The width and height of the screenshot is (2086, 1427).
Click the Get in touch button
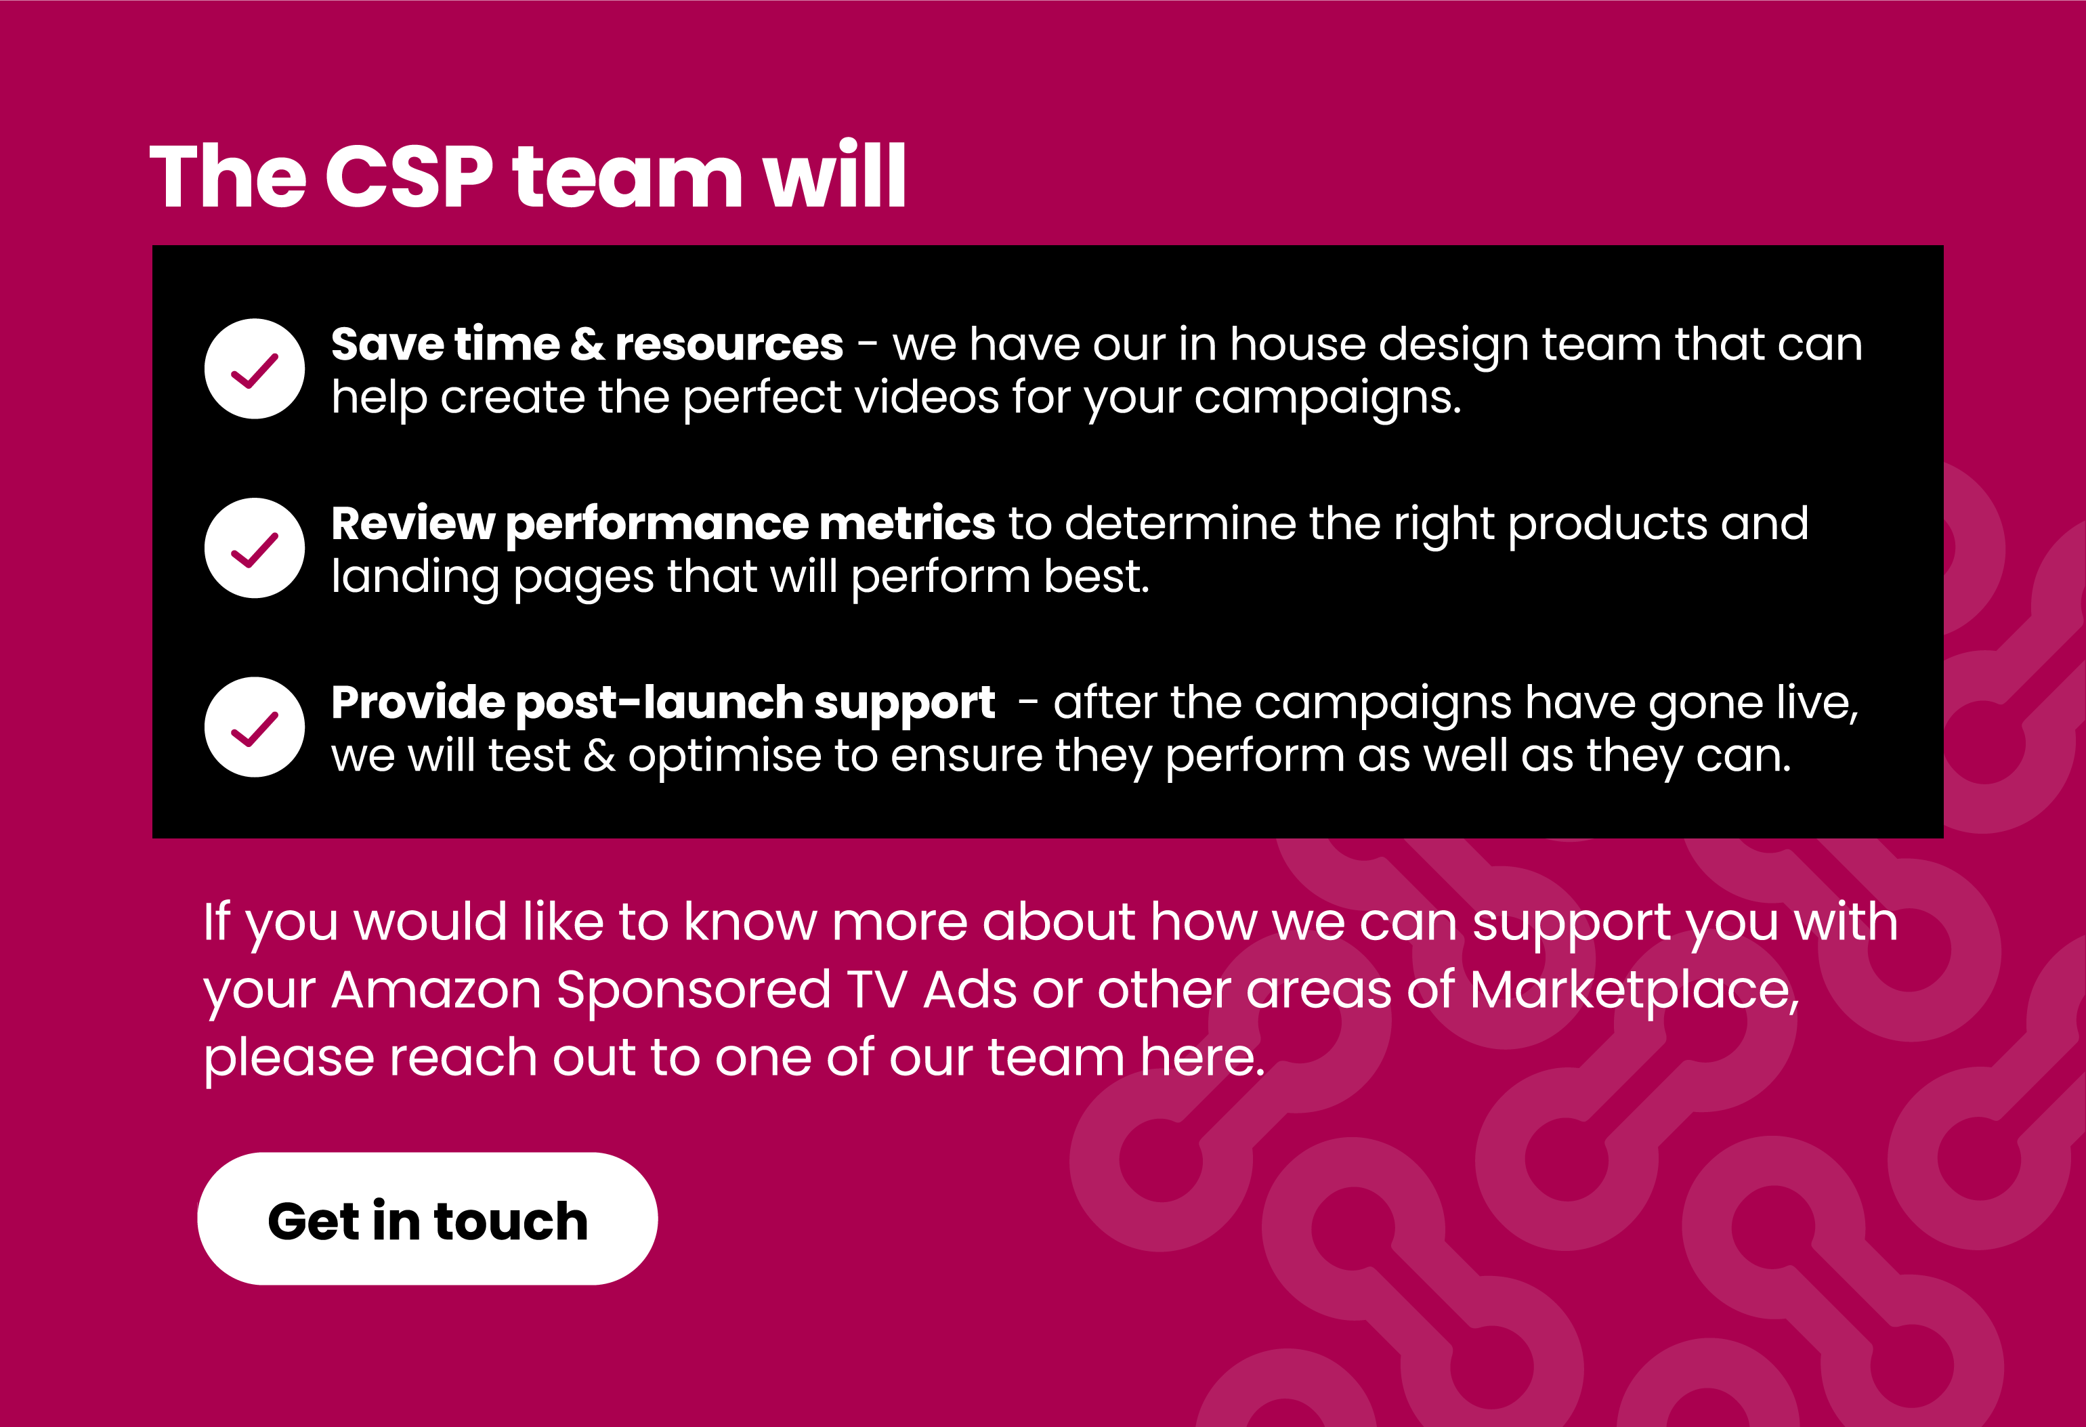click(427, 1219)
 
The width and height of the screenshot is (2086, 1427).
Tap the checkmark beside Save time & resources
click(255, 369)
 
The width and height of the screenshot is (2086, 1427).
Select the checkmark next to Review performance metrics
click(255, 549)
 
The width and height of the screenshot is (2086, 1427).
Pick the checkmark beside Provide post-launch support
click(255, 727)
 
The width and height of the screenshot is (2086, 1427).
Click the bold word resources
click(729, 345)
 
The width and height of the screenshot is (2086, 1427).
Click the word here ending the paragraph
click(1202, 1057)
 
